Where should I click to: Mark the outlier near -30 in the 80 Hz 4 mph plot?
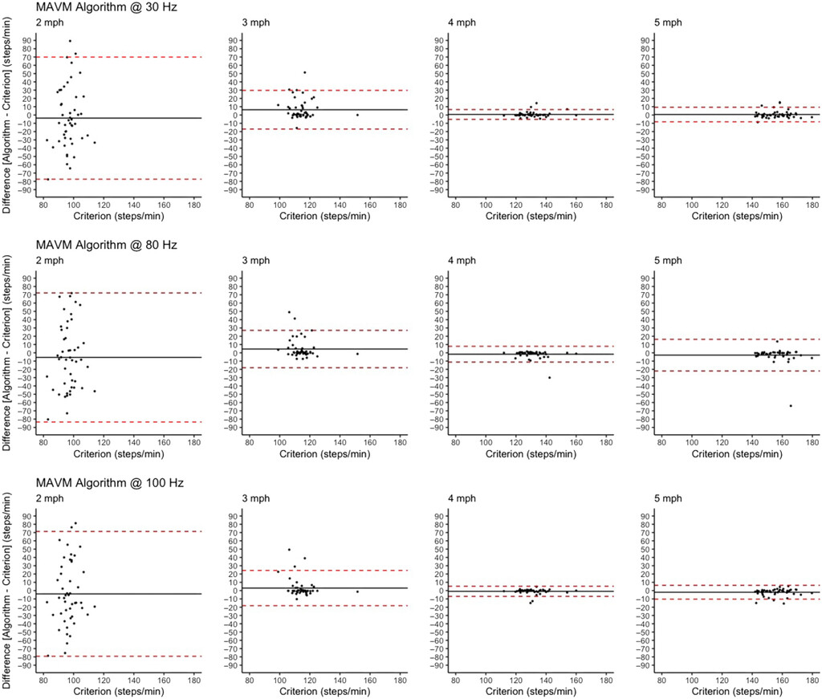tap(549, 377)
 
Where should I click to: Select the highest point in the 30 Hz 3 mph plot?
tap(304, 72)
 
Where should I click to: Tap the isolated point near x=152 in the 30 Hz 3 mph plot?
tap(357, 115)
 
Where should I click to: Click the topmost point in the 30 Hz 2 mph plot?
tap(70, 41)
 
